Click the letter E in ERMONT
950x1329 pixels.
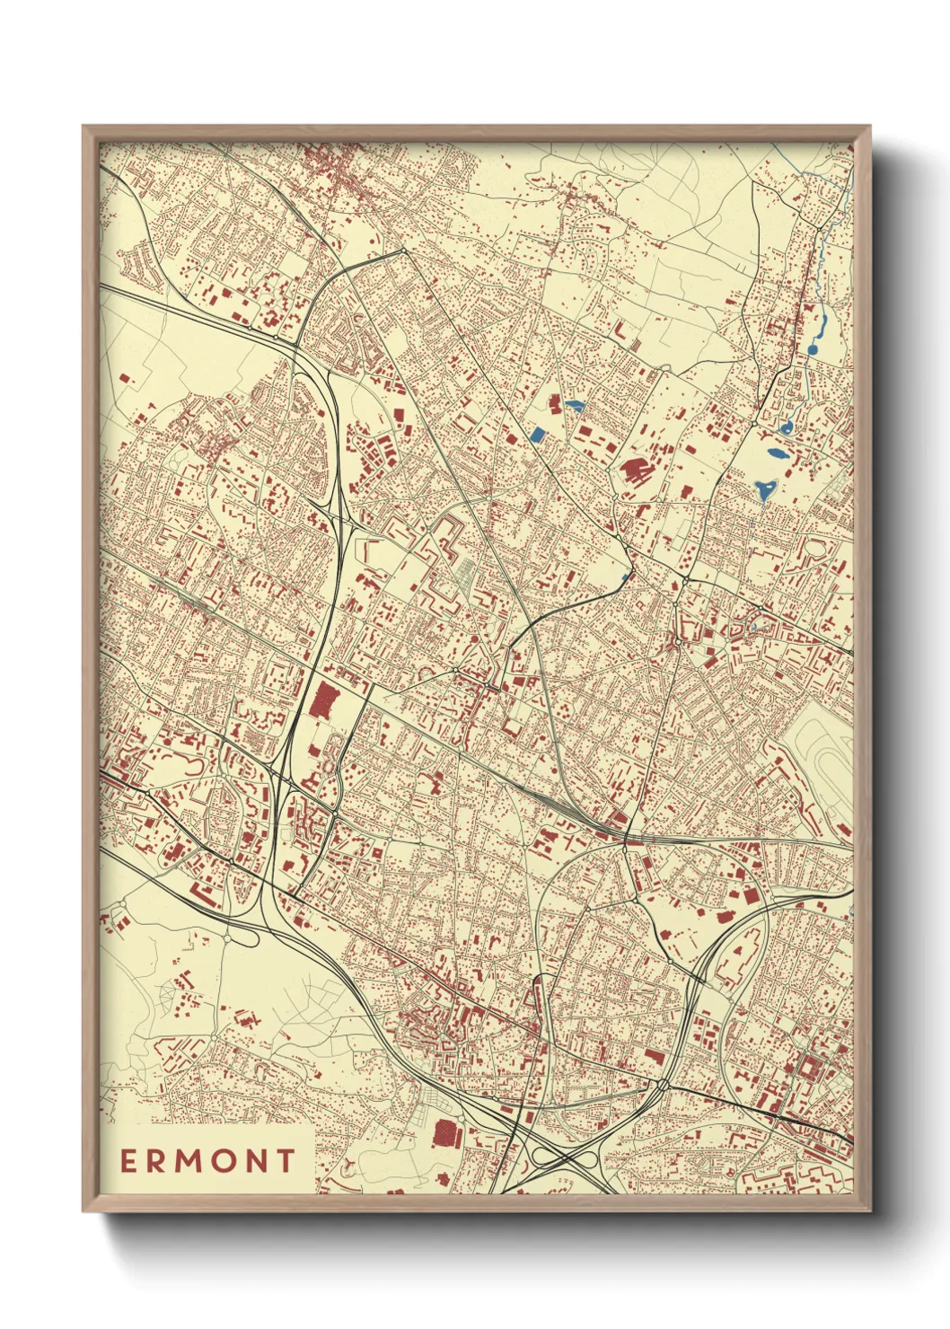[128, 1161]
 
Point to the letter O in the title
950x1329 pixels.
[224, 1161]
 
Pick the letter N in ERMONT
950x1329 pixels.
[257, 1161]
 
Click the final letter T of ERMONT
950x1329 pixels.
[286, 1161]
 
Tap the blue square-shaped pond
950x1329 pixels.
[538, 436]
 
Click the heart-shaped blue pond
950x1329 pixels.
[765, 489]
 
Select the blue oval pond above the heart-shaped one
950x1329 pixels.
[775, 453]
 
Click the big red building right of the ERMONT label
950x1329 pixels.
[445, 1133]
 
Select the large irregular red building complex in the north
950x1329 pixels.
[636, 471]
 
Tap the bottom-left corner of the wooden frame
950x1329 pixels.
[84, 1210]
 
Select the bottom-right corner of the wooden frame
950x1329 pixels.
[870, 1210]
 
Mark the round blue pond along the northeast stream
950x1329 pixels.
[813, 348]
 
